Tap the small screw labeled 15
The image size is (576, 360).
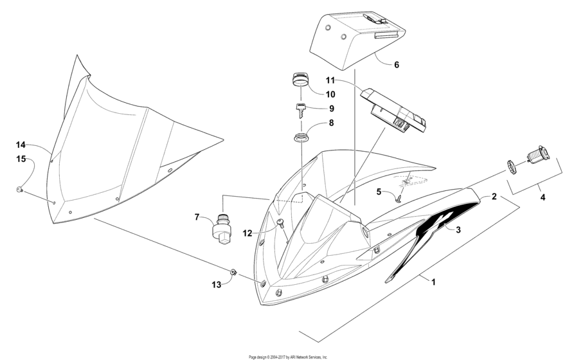[x=19, y=189]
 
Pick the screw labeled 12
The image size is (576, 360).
[x=281, y=222]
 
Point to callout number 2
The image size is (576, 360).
[x=494, y=197]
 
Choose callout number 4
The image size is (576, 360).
[x=542, y=198]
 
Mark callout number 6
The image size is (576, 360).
[x=396, y=65]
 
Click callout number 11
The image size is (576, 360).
[x=330, y=80]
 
